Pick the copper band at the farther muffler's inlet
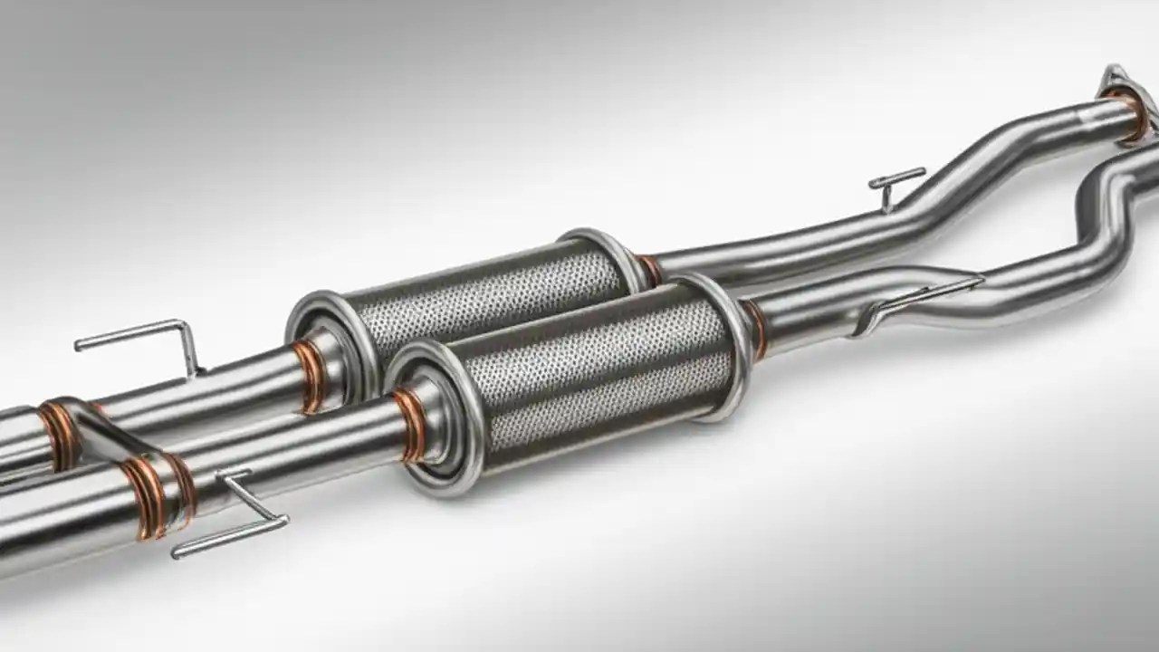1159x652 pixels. pyautogui.click(x=308, y=371)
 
